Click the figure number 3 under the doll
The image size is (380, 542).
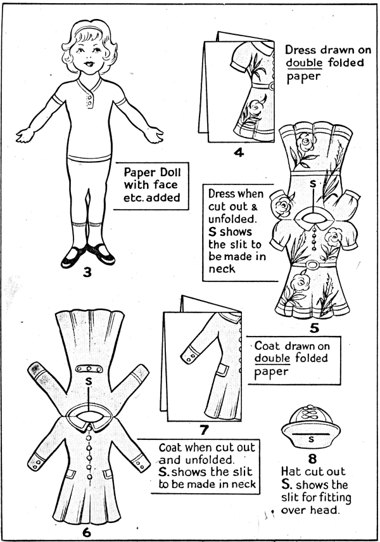tap(87, 273)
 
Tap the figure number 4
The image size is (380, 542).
tap(239, 152)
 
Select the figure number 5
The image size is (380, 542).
tap(314, 327)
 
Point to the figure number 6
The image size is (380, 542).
tap(86, 532)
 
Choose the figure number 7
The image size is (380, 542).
tap(204, 430)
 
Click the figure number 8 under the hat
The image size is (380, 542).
tap(312, 459)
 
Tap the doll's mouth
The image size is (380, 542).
tap(89, 64)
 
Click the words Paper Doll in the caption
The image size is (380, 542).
tap(153, 172)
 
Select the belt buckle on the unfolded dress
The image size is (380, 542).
tap(313, 265)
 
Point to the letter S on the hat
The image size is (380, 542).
tap(311, 439)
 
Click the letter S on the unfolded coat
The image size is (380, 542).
tap(89, 381)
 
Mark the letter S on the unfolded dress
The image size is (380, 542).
tap(313, 184)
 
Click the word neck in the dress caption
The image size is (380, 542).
tap(222, 269)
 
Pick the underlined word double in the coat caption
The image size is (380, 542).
tap(272, 358)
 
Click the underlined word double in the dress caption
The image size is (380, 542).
tap(304, 63)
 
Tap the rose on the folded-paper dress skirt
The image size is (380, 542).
tap(255, 108)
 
